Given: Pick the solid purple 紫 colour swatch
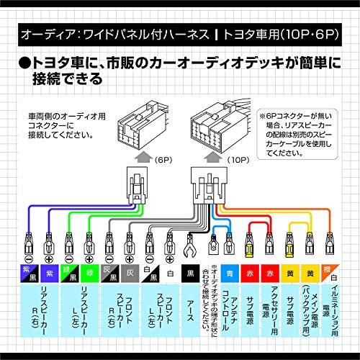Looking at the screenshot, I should tap(50, 274).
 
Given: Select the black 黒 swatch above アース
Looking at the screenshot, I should tap(191, 274).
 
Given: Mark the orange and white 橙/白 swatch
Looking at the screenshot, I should tap(332, 274).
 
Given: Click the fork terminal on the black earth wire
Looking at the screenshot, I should tap(191, 249).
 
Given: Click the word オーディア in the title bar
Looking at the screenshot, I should tap(42, 34).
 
